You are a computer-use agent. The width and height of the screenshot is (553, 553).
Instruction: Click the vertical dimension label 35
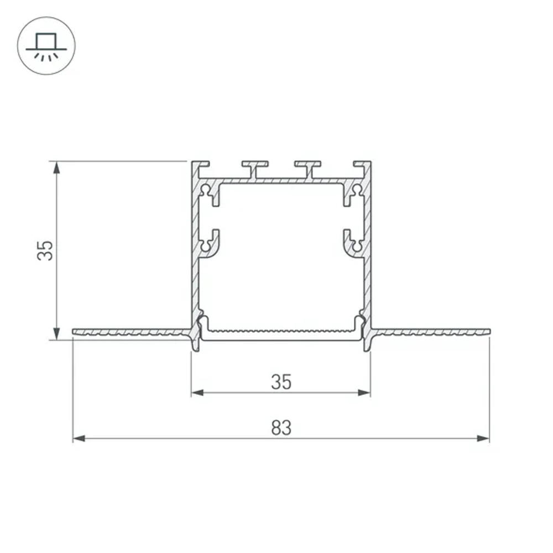pyautogui.click(x=45, y=251)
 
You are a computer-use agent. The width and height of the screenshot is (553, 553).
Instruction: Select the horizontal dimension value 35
pyautogui.click(x=281, y=382)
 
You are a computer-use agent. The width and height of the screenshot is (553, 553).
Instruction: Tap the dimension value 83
pyautogui.click(x=281, y=427)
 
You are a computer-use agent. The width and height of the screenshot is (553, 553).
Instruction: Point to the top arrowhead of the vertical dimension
pyautogui.click(x=56, y=168)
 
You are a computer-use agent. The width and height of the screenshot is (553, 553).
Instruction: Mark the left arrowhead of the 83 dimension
pyautogui.click(x=79, y=439)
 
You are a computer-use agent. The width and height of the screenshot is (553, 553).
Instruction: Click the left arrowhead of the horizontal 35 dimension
pyautogui.click(x=197, y=393)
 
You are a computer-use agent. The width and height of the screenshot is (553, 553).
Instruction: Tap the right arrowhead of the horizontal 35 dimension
pyautogui.click(x=364, y=393)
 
